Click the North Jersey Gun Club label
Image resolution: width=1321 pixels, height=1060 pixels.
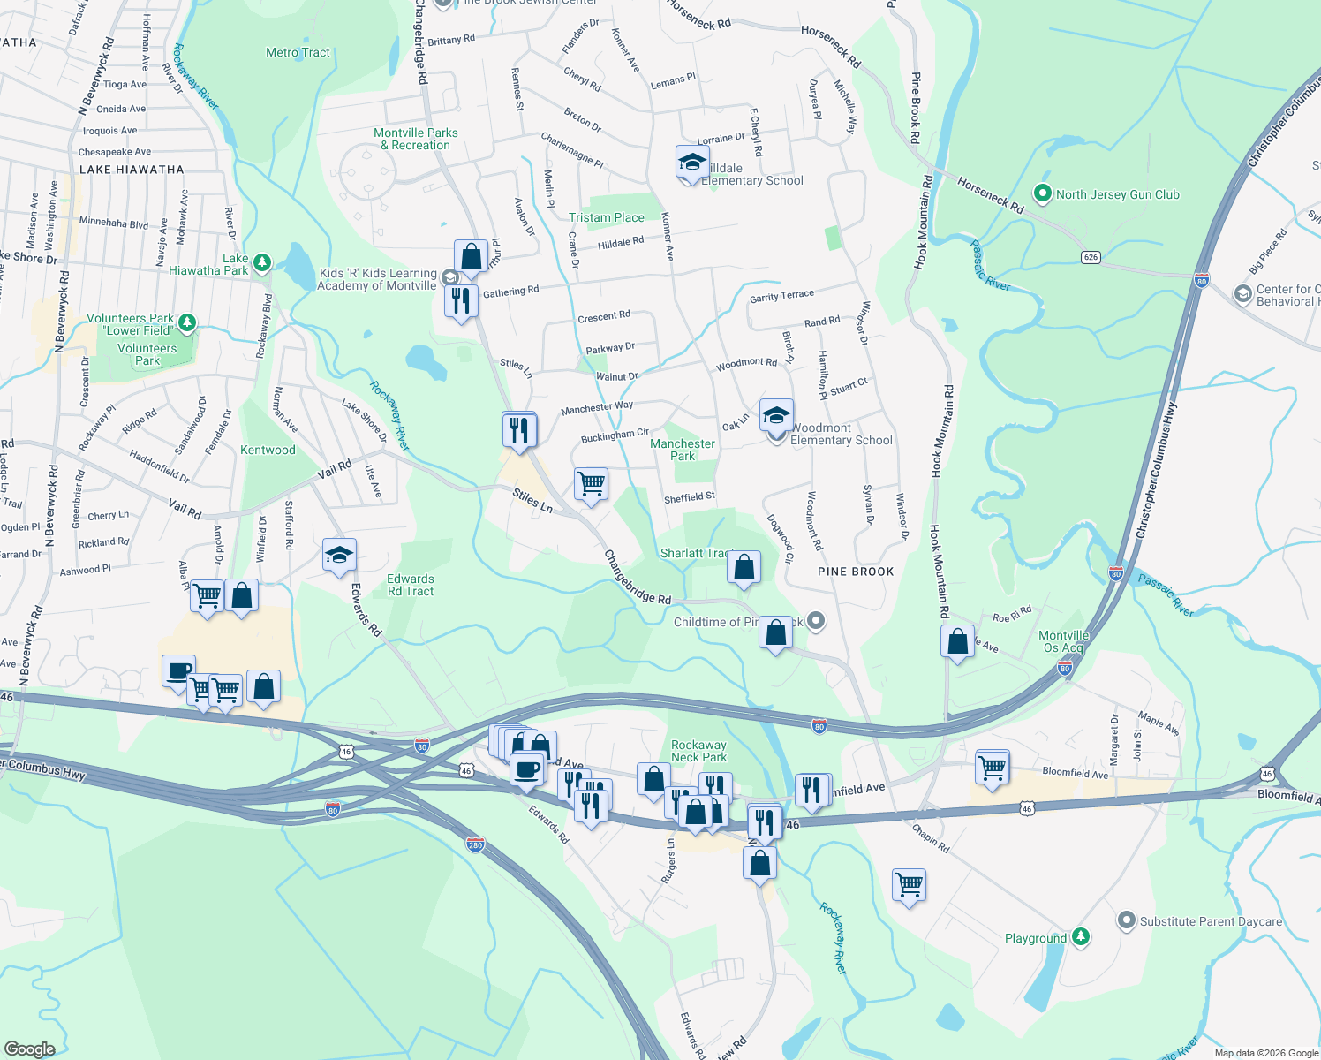tap(1117, 194)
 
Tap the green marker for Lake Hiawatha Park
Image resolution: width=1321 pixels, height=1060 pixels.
tap(261, 262)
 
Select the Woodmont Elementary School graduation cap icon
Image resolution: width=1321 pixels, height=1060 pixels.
tap(775, 415)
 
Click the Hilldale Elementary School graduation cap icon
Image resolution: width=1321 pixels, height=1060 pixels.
tap(692, 162)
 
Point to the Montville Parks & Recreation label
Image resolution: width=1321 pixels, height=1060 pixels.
tap(416, 139)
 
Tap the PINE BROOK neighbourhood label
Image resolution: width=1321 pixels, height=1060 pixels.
tap(856, 572)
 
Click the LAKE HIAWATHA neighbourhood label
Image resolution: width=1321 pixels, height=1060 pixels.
tap(132, 170)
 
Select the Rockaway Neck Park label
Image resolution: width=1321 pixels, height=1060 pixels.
tap(698, 751)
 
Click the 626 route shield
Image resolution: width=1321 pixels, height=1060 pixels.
tap(1091, 257)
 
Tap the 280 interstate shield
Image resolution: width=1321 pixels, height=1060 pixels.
tap(475, 844)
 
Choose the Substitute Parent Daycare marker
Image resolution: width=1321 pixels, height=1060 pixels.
tap(1126, 921)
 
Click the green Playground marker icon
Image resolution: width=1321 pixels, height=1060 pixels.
tap(1081, 937)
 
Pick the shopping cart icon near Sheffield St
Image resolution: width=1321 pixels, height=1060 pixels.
tap(591, 484)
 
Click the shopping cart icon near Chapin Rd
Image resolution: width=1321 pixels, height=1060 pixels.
tap(909, 882)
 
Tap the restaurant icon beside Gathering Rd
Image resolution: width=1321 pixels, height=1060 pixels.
tap(461, 301)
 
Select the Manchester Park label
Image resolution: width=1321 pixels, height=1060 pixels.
tap(683, 450)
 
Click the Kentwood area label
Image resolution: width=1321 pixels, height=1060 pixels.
tap(268, 450)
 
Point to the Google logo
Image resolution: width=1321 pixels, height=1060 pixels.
tap(30, 1049)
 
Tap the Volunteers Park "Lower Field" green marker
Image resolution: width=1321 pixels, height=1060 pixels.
tap(186, 322)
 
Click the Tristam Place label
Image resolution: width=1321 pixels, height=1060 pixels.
tap(607, 217)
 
